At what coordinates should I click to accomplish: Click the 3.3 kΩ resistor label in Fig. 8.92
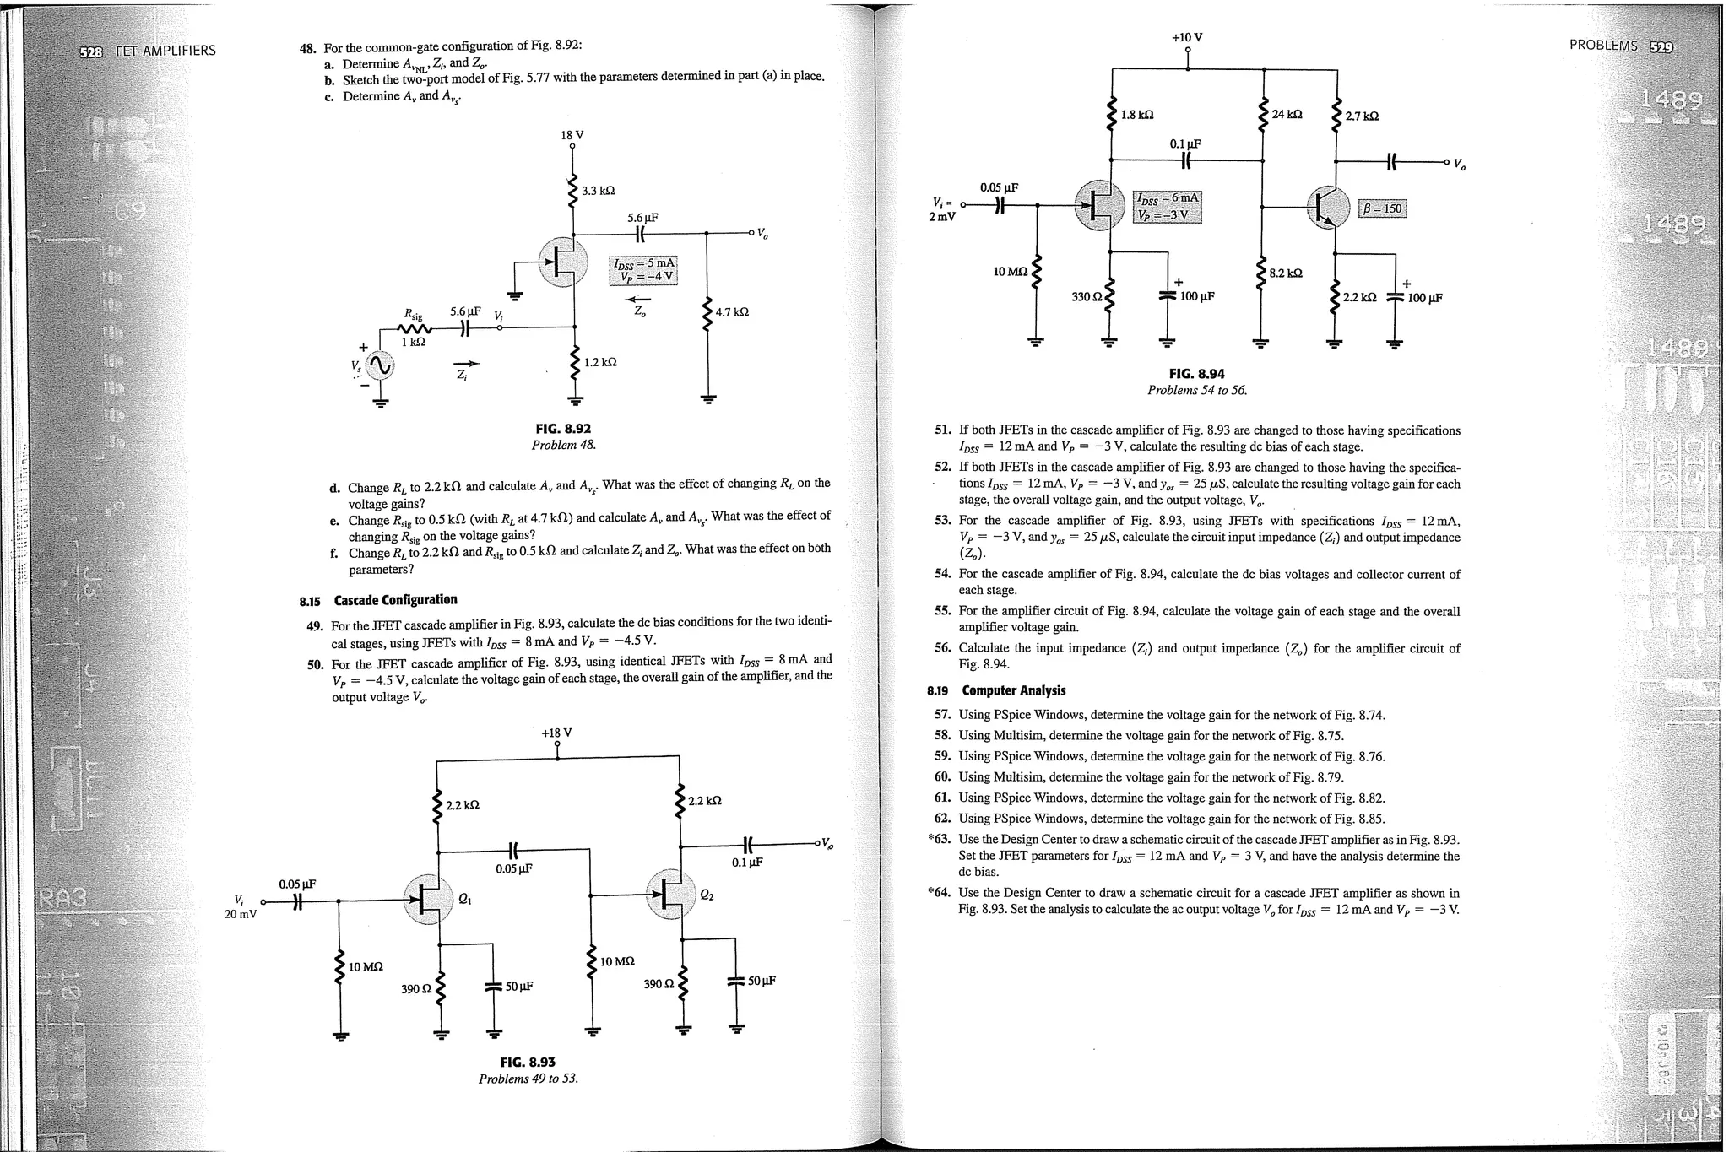(x=598, y=191)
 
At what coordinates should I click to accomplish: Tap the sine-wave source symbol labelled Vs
(x=380, y=365)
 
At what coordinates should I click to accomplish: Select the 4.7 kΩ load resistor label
(x=732, y=312)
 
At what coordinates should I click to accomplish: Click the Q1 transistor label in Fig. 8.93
(x=464, y=899)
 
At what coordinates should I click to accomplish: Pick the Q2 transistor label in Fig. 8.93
(x=707, y=895)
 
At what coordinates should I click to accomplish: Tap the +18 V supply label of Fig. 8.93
(x=556, y=733)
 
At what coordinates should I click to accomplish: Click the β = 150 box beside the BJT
(x=1383, y=208)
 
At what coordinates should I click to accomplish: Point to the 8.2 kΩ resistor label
(x=1286, y=273)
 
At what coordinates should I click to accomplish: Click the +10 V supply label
(x=1187, y=38)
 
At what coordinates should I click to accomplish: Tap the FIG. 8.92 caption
(x=563, y=429)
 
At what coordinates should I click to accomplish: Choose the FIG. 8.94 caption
(x=1196, y=374)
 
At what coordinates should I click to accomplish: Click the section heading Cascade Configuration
(x=395, y=600)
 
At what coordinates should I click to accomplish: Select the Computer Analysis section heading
(x=1013, y=690)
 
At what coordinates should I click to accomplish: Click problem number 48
(x=307, y=49)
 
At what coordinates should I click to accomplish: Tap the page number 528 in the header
(x=90, y=51)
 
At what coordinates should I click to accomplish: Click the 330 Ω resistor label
(x=1087, y=297)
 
